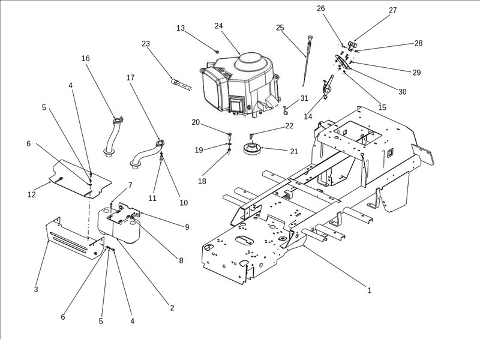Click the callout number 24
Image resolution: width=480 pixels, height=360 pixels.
pyautogui.click(x=218, y=26)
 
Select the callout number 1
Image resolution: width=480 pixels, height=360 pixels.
pyautogui.click(x=370, y=290)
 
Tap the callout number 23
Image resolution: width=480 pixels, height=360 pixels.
pyautogui.click(x=146, y=44)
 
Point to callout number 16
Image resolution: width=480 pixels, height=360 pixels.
pyautogui.click(x=86, y=58)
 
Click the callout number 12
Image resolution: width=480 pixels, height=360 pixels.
pyautogui.click(x=31, y=194)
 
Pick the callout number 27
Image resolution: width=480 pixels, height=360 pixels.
pyautogui.click(x=393, y=10)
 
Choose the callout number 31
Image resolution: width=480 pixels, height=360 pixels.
pyautogui.click(x=304, y=98)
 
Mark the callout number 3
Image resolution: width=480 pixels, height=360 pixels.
pyautogui.click(x=36, y=290)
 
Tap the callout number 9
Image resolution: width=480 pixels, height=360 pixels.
pyautogui.click(x=187, y=227)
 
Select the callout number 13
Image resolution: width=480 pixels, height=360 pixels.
pyautogui.click(x=181, y=28)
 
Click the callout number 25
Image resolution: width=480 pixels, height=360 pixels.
pyautogui.click(x=280, y=28)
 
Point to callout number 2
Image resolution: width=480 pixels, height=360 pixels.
pyautogui.click(x=172, y=308)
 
